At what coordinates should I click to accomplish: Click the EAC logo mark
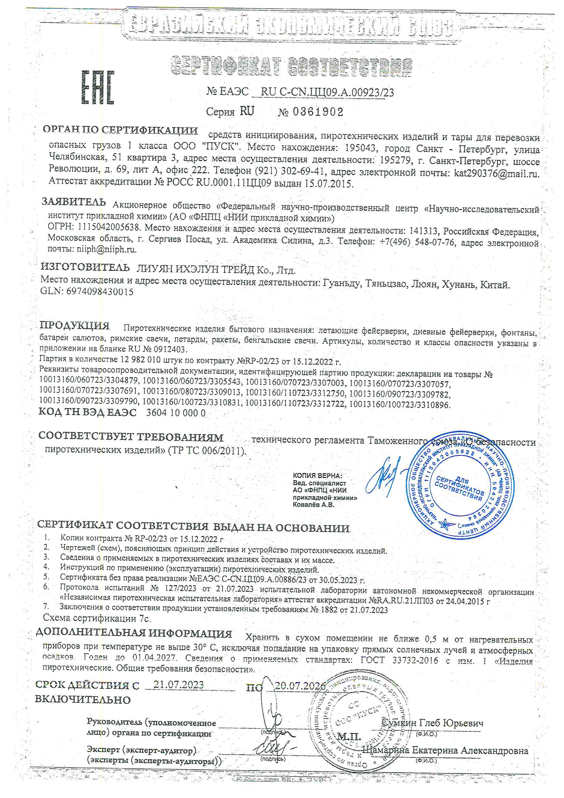[98, 87]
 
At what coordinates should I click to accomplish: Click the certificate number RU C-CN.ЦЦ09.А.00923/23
[327, 92]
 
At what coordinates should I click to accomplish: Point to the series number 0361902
[318, 112]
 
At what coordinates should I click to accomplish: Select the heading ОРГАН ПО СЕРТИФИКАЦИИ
[120, 130]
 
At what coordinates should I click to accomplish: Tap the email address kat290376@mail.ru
[496, 173]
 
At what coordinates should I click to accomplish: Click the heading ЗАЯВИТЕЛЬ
[74, 202]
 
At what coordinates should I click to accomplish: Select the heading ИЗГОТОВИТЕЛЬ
[85, 267]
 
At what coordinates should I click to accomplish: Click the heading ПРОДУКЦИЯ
[75, 325]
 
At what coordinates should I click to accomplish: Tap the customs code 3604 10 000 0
[176, 413]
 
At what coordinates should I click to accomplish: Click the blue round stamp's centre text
[459, 488]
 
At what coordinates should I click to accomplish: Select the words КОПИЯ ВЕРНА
[317, 475]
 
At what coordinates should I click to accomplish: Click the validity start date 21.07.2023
[178, 684]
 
